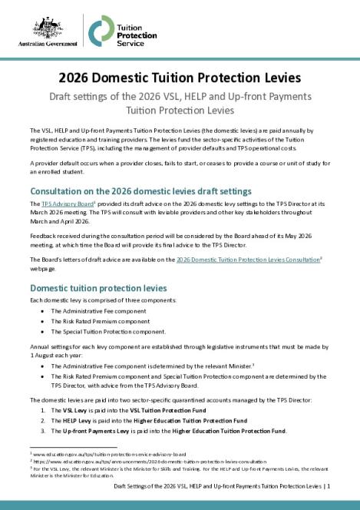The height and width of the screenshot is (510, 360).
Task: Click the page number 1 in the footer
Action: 349,486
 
